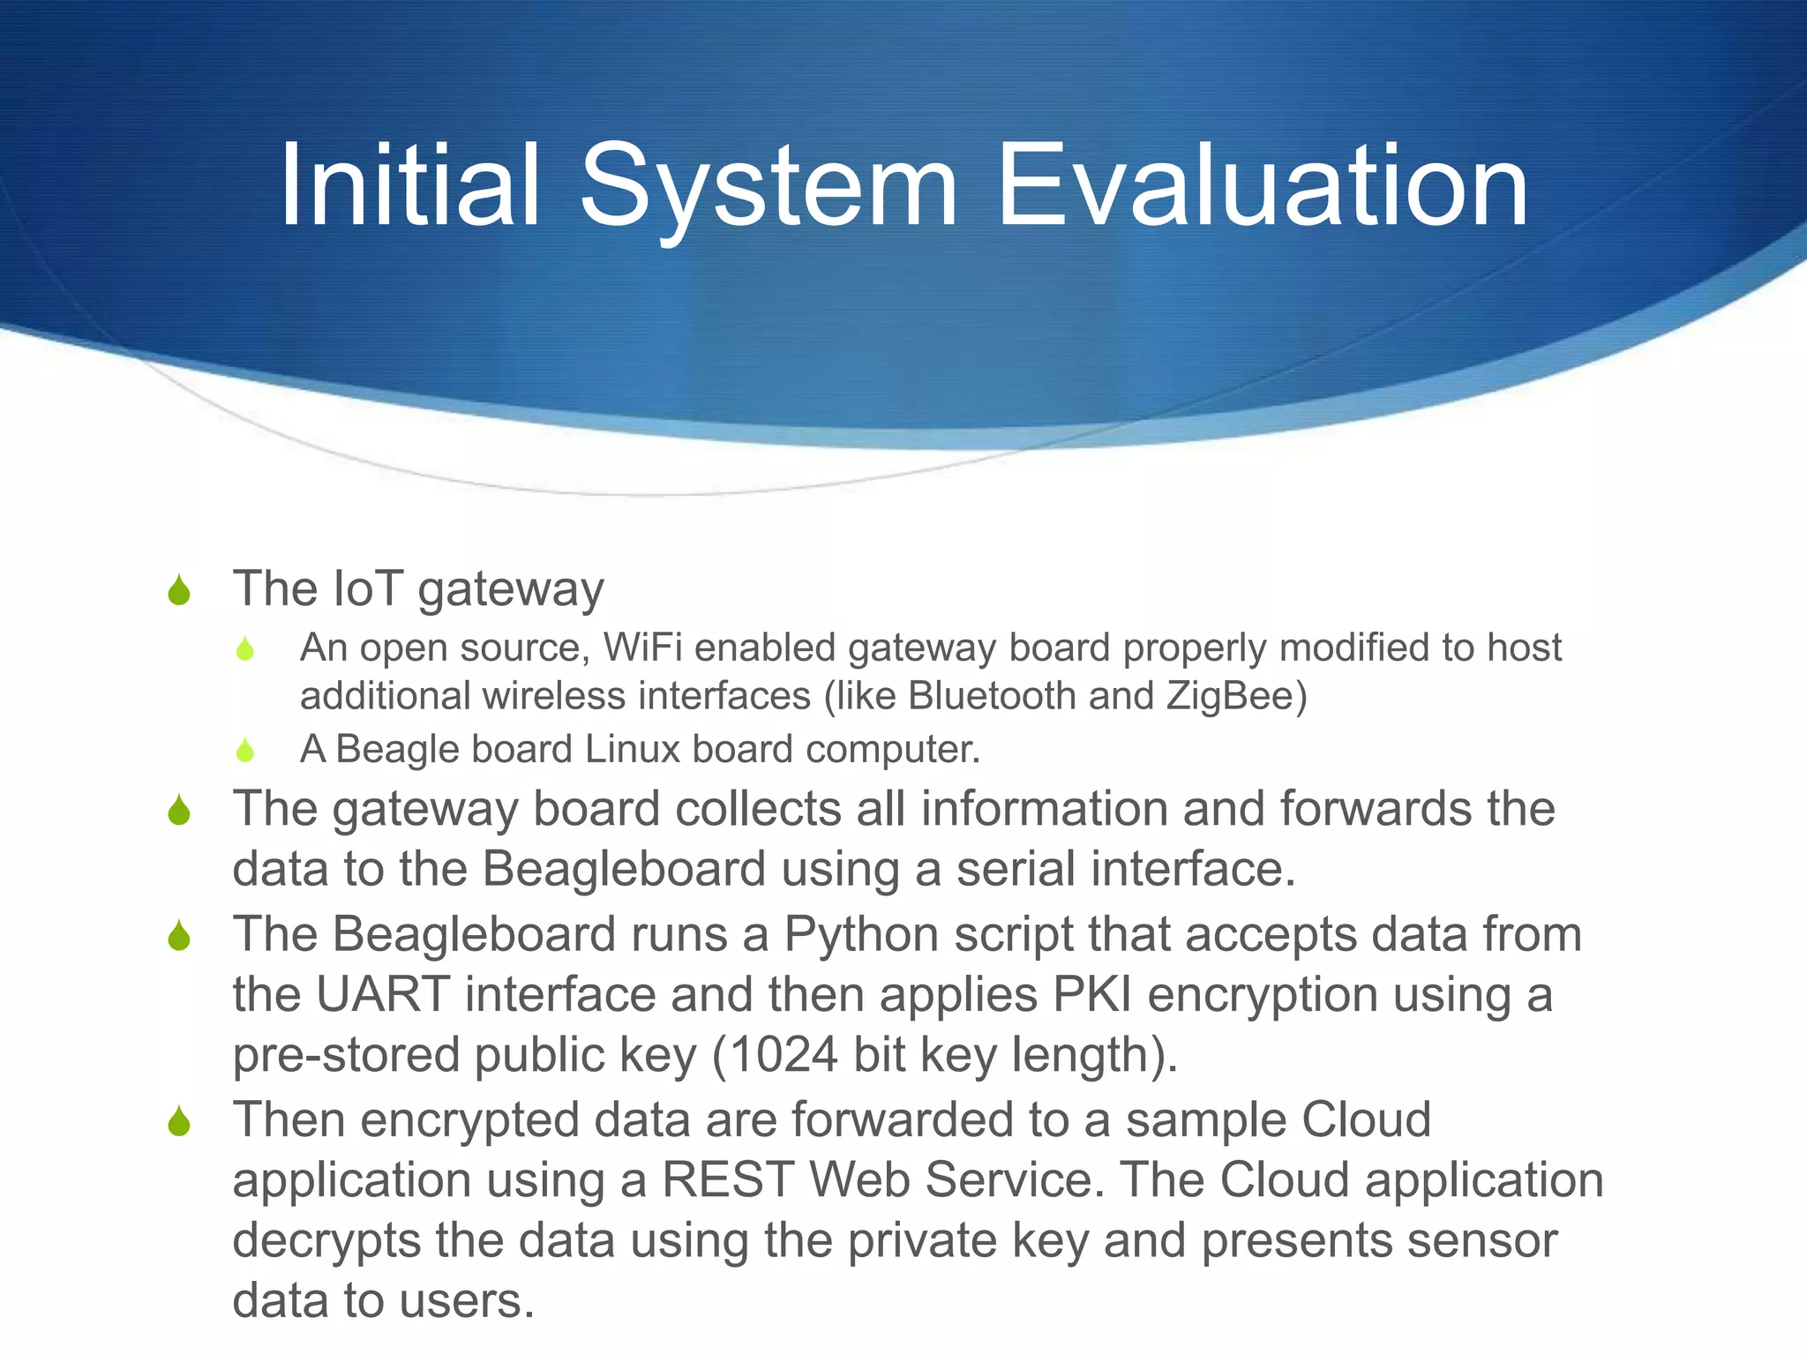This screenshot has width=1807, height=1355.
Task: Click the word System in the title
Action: tap(768, 187)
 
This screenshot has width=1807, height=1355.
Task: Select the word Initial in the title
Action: tap(409, 187)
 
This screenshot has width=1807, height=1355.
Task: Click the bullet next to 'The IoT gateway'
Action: tap(179, 591)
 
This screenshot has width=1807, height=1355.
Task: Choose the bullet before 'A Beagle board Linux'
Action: tap(245, 751)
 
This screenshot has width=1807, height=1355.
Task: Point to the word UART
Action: tap(384, 995)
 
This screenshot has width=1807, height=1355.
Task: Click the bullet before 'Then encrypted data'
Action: tap(179, 1122)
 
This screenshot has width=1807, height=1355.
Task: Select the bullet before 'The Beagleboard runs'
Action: tap(179, 937)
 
